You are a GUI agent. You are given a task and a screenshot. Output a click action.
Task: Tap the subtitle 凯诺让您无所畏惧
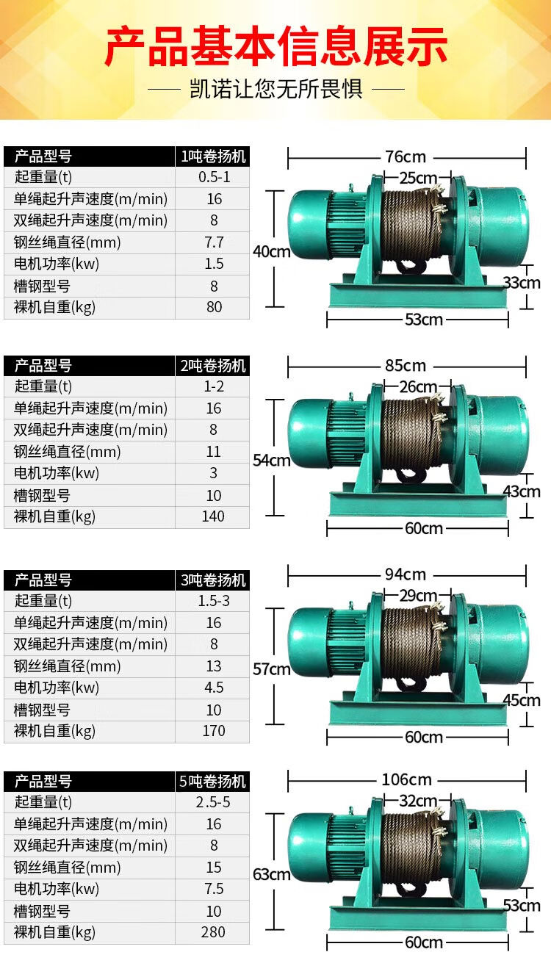tap(275, 90)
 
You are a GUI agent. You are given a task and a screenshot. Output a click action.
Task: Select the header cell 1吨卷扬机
tap(213, 156)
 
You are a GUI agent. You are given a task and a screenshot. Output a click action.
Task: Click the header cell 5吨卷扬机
tap(213, 781)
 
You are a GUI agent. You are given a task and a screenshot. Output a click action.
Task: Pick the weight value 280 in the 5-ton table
tap(213, 932)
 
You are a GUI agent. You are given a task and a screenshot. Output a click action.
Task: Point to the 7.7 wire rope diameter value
tap(213, 242)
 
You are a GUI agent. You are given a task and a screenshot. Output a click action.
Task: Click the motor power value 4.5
tap(213, 688)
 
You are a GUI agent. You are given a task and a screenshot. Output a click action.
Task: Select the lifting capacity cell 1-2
tap(213, 386)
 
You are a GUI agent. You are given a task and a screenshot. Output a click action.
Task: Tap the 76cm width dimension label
tap(405, 157)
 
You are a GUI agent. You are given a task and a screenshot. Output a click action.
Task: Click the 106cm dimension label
tap(406, 780)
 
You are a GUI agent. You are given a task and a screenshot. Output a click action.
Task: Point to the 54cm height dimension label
tap(272, 461)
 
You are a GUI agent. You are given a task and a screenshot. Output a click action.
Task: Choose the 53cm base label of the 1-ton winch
tap(424, 320)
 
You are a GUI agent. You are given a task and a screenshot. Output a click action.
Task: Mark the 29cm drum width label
tap(418, 595)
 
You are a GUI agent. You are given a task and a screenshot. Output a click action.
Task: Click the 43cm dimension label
tap(521, 491)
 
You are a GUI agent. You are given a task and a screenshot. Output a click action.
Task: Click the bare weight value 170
tap(213, 731)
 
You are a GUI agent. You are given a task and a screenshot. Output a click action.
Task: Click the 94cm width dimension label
tap(405, 574)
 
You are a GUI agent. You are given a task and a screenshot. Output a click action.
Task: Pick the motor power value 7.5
tap(213, 889)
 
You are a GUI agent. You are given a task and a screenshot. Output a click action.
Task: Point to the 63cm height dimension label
tap(272, 875)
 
